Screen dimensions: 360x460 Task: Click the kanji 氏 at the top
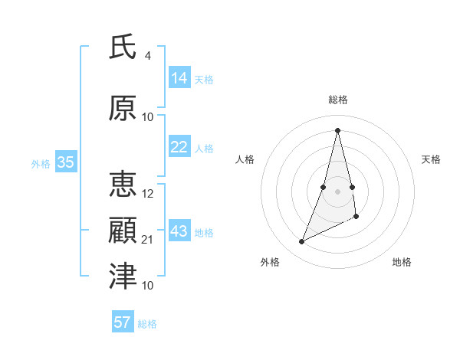pos(123,47)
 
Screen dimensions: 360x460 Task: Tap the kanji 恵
pos(123,185)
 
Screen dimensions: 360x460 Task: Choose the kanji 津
pos(123,277)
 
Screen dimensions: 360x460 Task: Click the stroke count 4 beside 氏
pos(147,56)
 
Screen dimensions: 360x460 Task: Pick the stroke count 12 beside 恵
pos(148,194)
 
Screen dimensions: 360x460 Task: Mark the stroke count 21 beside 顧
pos(148,240)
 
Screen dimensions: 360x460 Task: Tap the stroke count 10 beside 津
pos(148,286)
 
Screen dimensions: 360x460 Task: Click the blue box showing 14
pos(179,78)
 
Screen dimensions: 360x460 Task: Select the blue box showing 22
pos(179,147)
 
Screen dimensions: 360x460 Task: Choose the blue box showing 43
pos(179,231)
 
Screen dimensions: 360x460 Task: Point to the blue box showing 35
pos(65,162)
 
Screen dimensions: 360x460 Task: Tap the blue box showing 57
pos(122,322)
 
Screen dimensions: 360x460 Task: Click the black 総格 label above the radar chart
pos(337,100)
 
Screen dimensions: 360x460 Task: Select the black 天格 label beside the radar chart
pos(431,159)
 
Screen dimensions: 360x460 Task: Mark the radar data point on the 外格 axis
pos(301,242)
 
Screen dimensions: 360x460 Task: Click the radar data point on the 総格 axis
pos(337,129)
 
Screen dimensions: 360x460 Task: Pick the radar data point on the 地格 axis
pos(357,216)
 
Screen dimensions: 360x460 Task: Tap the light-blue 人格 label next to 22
pos(204,148)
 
